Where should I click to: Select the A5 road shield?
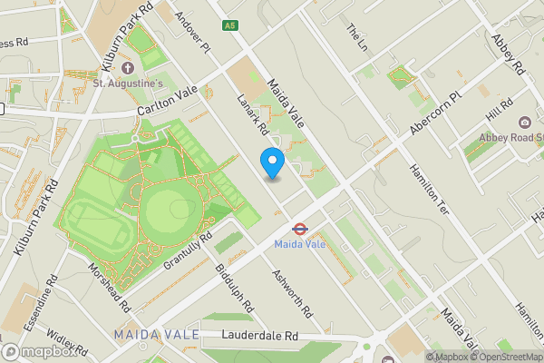(x=230, y=26)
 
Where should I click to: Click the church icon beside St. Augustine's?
(x=127, y=69)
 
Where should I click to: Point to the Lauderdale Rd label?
(x=260, y=336)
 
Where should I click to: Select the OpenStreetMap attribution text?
(x=508, y=357)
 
